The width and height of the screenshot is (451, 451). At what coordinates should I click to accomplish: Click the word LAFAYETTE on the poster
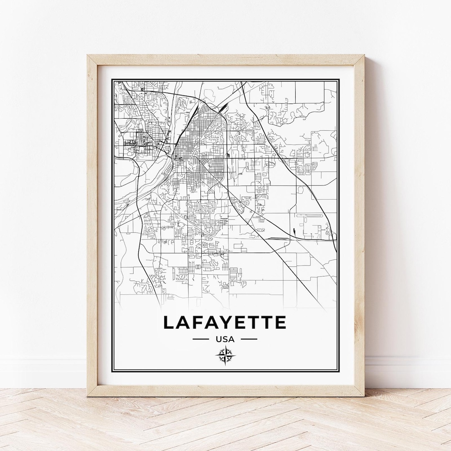click(225, 322)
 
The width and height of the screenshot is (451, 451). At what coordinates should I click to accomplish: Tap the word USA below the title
click(225, 339)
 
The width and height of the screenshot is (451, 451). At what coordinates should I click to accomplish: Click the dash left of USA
click(200, 339)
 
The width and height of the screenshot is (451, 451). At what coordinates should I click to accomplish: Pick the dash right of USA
click(249, 339)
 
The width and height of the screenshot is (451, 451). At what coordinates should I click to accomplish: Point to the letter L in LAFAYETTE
click(168, 322)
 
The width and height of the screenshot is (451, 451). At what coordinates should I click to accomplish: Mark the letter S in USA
click(225, 339)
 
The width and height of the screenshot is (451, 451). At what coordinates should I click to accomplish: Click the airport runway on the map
click(311, 216)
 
